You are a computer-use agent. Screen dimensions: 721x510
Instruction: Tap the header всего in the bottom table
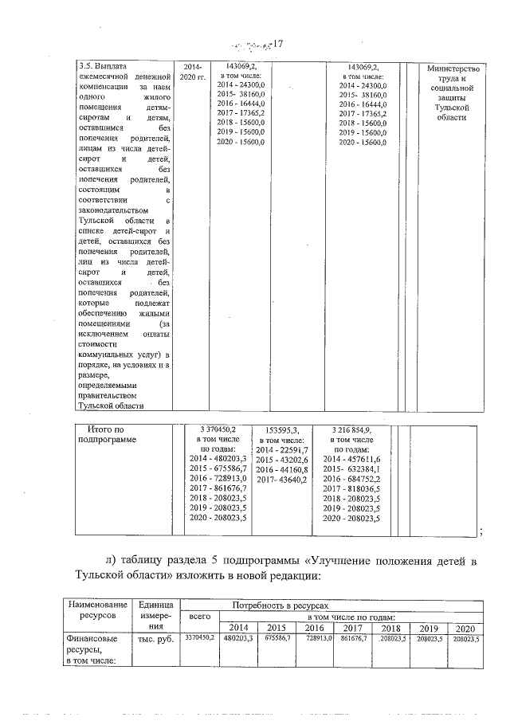click(x=194, y=617)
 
